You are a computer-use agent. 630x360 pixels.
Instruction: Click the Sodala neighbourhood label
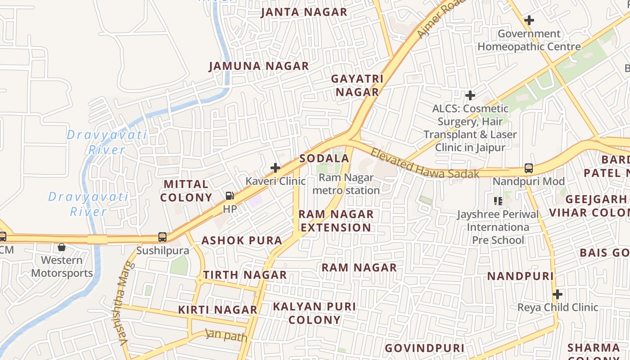[x=324, y=158]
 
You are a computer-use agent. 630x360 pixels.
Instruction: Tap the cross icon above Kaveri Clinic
[x=275, y=168]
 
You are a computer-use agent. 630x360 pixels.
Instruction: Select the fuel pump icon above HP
[x=229, y=196]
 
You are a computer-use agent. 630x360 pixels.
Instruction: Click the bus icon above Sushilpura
[x=162, y=237]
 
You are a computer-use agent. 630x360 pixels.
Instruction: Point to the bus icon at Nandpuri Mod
[x=529, y=168]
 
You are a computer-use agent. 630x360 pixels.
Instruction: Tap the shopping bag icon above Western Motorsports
[x=62, y=247]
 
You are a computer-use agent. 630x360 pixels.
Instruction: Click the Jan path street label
[x=226, y=335]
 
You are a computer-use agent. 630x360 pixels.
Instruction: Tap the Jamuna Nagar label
[x=259, y=66]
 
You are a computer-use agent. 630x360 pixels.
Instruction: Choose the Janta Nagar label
[x=304, y=12]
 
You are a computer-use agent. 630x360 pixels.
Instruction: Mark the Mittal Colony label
[x=186, y=191]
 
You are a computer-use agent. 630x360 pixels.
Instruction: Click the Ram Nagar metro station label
[x=346, y=184]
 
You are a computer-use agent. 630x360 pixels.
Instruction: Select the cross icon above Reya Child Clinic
[x=558, y=294]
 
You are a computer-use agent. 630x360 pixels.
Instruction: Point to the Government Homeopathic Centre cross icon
[x=529, y=20]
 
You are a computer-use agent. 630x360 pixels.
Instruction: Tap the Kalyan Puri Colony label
[x=315, y=313]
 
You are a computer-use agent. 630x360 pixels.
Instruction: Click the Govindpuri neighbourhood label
[x=424, y=348]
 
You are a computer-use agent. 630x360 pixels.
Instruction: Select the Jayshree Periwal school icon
[x=498, y=201]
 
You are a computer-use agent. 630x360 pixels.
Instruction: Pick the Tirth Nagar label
[x=245, y=275]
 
